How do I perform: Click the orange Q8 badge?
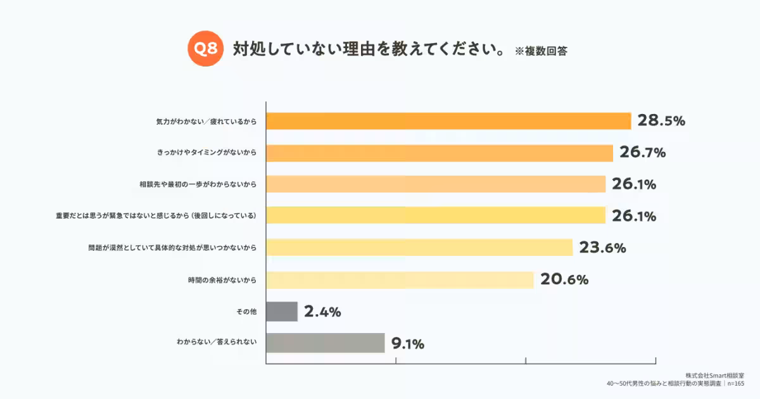[x=205, y=49]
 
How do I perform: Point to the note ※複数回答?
[x=541, y=51]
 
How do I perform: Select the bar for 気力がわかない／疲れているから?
[x=448, y=121]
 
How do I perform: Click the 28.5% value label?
[x=661, y=121]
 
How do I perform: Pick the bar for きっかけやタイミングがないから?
[x=440, y=153]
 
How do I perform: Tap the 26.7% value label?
[x=643, y=153]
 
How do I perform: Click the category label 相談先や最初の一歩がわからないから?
[x=198, y=184]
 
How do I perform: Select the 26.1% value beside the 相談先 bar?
[x=633, y=184]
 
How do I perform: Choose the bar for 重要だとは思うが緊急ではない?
[x=436, y=215]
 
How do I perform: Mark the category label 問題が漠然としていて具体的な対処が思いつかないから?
[x=173, y=248]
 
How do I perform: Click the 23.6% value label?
[x=602, y=248]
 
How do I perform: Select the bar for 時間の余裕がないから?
[x=400, y=279]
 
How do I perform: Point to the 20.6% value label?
[x=564, y=279]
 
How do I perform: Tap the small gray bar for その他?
[x=282, y=311]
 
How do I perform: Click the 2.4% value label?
[x=322, y=312]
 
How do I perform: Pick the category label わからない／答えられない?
[x=217, y=343]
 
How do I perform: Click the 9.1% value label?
[x=407, y=344]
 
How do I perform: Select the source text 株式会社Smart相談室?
[x=714, y=375]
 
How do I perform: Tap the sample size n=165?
[x=735, y=384]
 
